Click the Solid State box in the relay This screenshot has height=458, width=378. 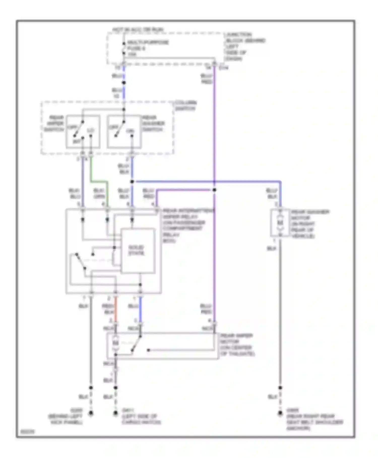tap(138, 250)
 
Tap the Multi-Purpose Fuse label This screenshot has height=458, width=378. tap(147, 48)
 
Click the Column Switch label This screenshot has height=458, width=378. tap(186, 106)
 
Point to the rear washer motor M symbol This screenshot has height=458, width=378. tap(280, 223)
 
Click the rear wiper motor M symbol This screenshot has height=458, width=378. tap(115, 343)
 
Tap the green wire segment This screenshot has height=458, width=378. tap(99, 181)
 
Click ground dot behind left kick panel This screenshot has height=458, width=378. tap(91, 413)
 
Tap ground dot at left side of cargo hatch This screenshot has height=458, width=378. tap(115, 413)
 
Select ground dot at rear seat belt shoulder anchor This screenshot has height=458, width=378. tap(280, 413)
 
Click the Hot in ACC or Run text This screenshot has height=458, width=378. tap(138, 30)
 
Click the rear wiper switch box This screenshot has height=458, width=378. tap(83, 132)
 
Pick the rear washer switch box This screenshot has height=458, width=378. tap(124, 132)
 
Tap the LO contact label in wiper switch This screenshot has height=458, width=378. tap(90, 130)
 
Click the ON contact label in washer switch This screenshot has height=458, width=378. tap(130, 131)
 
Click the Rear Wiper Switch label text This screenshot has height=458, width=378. tap(54, 123)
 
